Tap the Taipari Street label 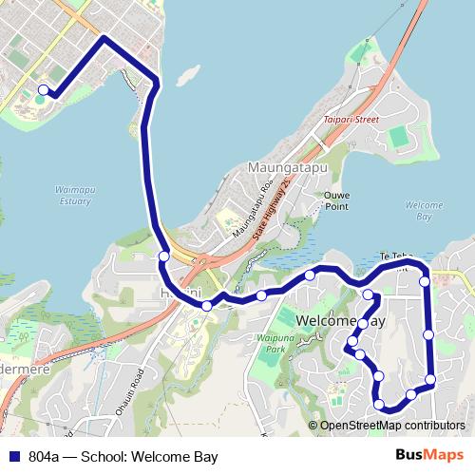click(x=351, y=120)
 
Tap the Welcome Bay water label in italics click(x=424, y=211)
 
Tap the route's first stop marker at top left click(x=43, y=90)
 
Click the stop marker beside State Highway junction click(x=164, y=256)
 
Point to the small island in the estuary click(x=186, y=73)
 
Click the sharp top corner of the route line click(x=103, y=39)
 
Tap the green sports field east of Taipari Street click(x=400, y=138)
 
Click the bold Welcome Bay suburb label click(x=342, y=321)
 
